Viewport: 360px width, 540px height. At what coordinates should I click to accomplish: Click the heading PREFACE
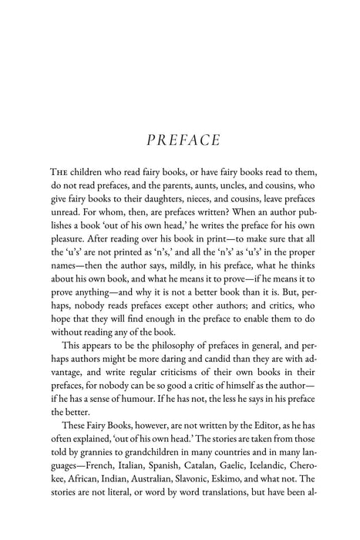pos(180,141)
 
